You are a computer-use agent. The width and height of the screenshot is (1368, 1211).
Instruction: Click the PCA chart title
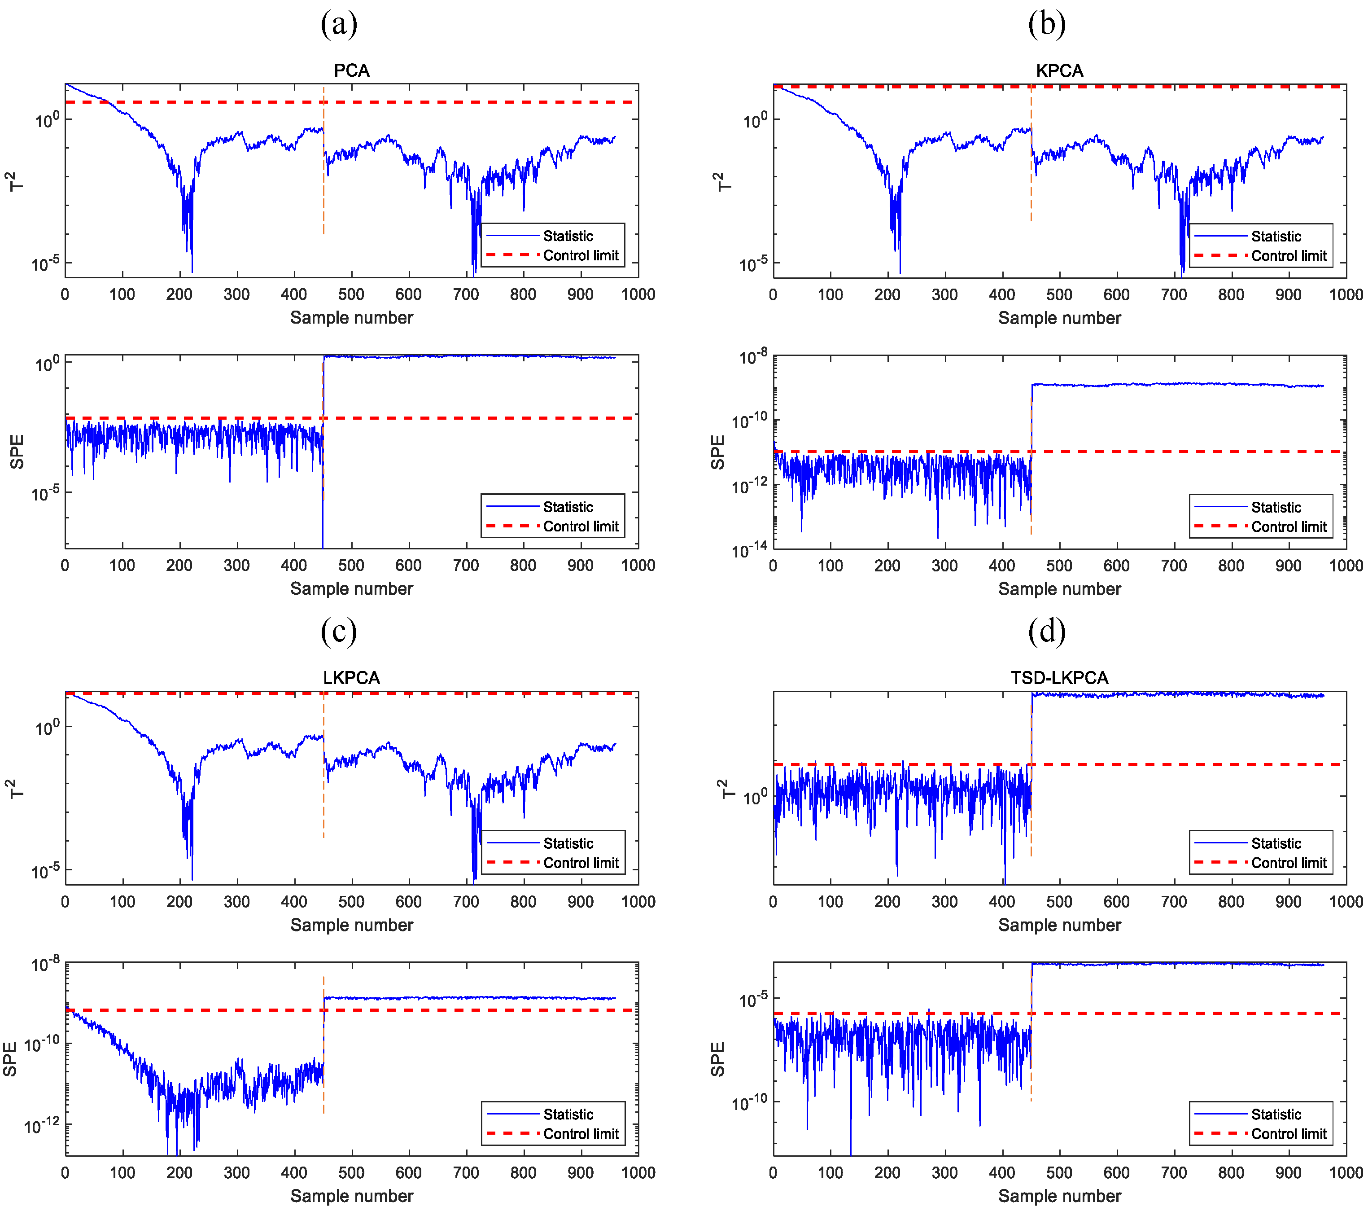point(351,70)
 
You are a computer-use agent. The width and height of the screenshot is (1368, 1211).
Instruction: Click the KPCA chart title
point(1059,70)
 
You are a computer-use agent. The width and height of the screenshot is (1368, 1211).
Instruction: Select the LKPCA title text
point(351,677)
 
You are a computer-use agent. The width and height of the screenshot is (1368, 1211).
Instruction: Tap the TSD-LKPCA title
point(1059,677)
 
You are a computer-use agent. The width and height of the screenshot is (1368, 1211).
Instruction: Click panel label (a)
point(339,25)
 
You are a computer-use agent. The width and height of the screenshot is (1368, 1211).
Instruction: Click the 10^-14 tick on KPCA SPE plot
point(749,550)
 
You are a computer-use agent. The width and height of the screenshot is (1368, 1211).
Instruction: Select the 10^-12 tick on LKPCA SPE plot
point(41,1126)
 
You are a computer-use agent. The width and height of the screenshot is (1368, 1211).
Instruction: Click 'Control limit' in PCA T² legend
point(580,256)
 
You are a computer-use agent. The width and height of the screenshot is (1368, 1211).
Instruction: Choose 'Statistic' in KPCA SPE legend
point(1276,508)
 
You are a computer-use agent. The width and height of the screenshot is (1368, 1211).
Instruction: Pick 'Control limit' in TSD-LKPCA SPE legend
point(1288,1134)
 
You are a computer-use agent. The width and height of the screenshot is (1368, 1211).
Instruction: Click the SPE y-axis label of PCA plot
point(17,452)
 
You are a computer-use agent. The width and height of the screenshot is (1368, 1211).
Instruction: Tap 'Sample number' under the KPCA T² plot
point(1059,318)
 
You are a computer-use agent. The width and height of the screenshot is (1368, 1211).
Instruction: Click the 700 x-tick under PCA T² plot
point(466,294)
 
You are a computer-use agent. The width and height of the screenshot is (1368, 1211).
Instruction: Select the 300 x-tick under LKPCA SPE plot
point(236,1173)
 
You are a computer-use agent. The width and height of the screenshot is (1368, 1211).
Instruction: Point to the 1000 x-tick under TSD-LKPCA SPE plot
point(1345,1173)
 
